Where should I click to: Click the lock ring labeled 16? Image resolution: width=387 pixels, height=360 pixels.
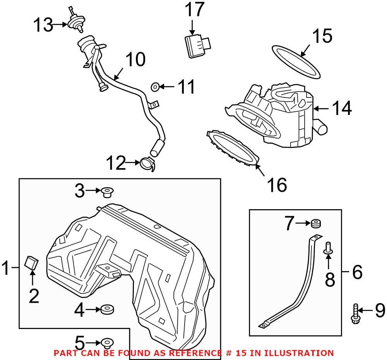233,149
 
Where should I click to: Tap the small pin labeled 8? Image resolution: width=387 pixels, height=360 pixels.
328,248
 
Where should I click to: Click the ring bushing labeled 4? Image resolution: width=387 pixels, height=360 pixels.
106,309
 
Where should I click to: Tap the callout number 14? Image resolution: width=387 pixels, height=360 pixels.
341,109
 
